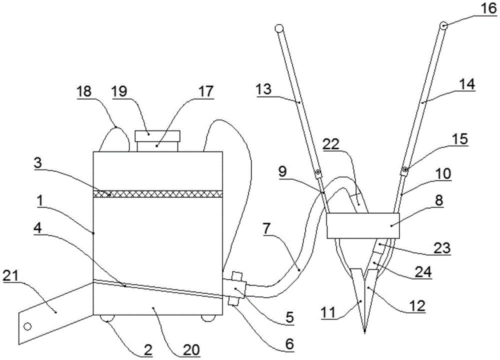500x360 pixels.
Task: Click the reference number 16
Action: pos(488,8)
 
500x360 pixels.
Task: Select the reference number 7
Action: pos(267,228)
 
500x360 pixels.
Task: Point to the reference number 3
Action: pos(37,162)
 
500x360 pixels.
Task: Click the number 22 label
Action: pos(330,144)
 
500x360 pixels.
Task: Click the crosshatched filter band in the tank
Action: pos(158,194)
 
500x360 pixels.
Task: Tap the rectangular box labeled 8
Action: pos(363,225)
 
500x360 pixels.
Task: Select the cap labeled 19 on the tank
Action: pos(157,136)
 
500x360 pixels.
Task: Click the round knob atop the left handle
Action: pos(279,29)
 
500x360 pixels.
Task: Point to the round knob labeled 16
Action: pos(444,25)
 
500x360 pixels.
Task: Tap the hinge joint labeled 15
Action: pos(405,170)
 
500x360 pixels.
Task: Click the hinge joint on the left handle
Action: pos(318,173)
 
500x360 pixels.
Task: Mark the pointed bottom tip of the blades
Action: pos(364,332)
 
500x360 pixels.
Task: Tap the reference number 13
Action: pos(263,89)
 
